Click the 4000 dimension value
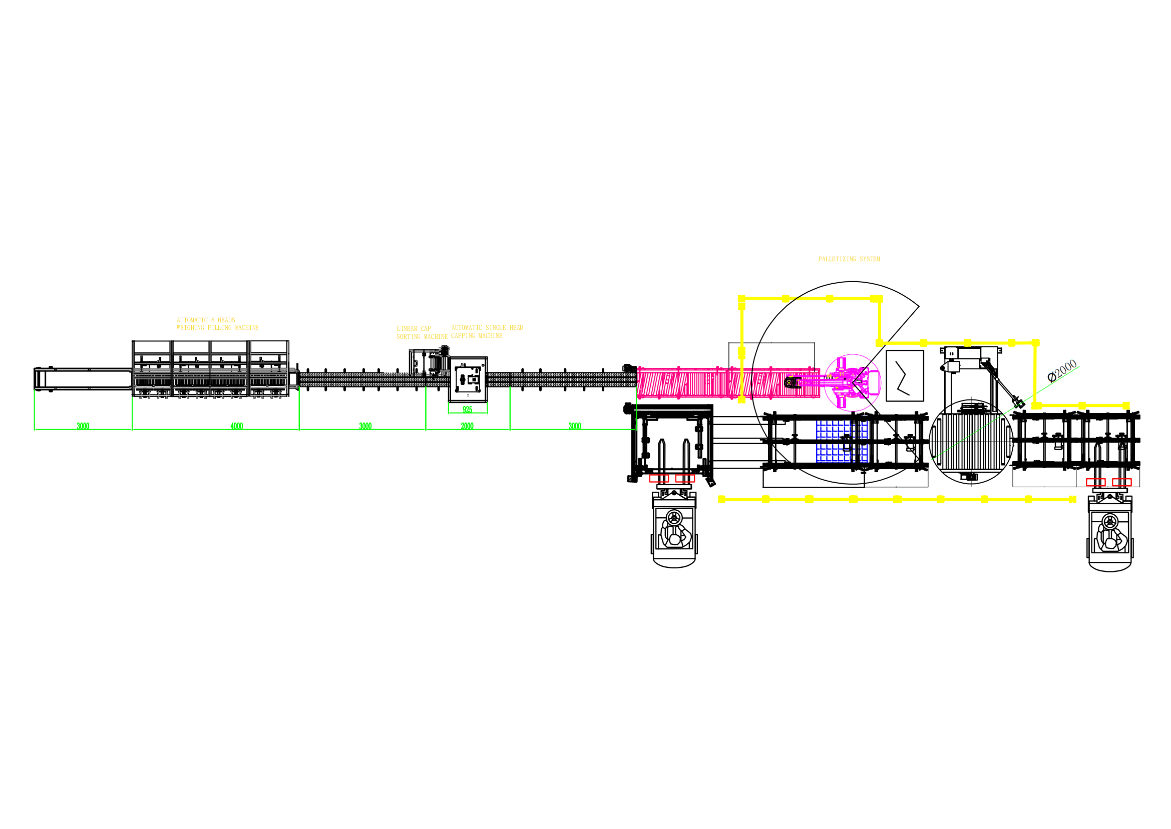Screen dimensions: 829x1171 [x=237, y=426]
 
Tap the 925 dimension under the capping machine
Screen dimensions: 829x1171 [x=467, y=409]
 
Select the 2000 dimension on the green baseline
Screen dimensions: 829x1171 [x=467, y=426]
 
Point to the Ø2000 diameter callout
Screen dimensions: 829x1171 [x=1062, y=370]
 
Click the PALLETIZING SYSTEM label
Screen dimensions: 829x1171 [x=849, y=259]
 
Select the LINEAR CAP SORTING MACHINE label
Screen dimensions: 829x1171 [x=422, y=333]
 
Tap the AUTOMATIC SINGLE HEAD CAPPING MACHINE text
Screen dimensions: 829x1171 [x=487, y=332]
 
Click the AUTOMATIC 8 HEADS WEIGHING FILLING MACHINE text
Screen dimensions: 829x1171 [x=217, y=324]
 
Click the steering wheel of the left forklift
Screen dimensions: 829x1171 [x=674, y=518]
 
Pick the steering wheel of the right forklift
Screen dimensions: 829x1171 [x=1110, y=522]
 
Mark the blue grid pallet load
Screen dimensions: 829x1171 [x=842, y=442]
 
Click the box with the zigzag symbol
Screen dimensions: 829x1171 [x=905, y=376]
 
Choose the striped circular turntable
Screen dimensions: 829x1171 [x=971, y=442]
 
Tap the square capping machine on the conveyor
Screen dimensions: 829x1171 [x=468, y=379]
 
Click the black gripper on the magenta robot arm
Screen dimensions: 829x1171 [x=792, y=382]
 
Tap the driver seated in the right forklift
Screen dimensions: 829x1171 [x=1110, y=539]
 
